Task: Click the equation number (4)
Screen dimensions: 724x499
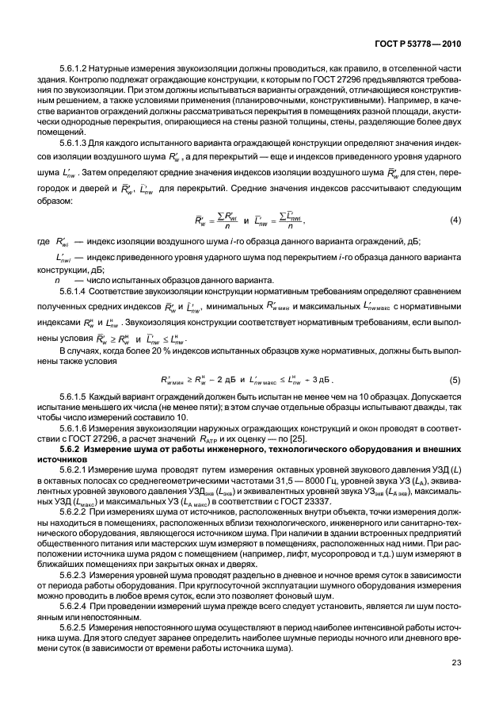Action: [x=455, y=219]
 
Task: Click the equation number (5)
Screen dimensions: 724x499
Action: [x=455, y=380]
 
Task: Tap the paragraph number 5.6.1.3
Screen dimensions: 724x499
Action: [x=75, y=144]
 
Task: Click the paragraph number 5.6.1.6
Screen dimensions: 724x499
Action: [x=75, y=427]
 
